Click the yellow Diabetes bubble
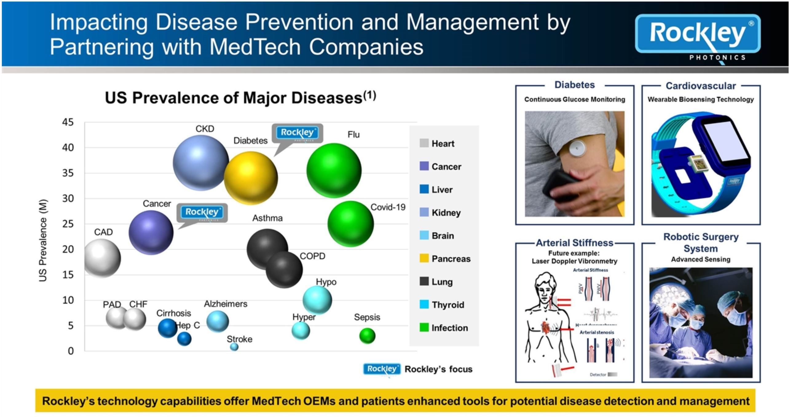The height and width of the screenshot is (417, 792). pyautogui.click(x=250, y=178)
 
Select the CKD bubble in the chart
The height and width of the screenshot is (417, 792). pyautogui.click(x=200, y=162)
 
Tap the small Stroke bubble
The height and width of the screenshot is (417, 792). pyautogui.click(x=234, y=347)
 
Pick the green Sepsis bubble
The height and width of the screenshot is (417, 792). pyautogui.click(x=367, y=336)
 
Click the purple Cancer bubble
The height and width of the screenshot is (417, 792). pyautogui.click(x=151, y=233)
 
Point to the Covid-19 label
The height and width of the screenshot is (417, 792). pyautogui.click(x=388, y=207)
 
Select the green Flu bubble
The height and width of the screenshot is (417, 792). pyautogui.click(x=334, y=170)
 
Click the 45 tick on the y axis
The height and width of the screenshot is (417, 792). pyautogui.click(x=68, y=122)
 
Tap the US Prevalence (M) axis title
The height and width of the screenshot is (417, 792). pyautogui.click(x=43, y=240)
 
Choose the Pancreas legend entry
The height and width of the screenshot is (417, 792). pyautogui.click(x=451, y=259)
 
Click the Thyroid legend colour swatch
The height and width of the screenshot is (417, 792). pyautogui.click(x=424, y=305)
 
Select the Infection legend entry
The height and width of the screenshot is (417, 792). pyautogui.click(x=450, y=328)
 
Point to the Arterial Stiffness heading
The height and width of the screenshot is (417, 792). pyautogui.click(x=574, y=243)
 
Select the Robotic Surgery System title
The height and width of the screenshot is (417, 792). pyautogui.click(x=701, y=243)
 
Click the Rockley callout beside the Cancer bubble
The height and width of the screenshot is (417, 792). pyautogui.click(x=202, y=212)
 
